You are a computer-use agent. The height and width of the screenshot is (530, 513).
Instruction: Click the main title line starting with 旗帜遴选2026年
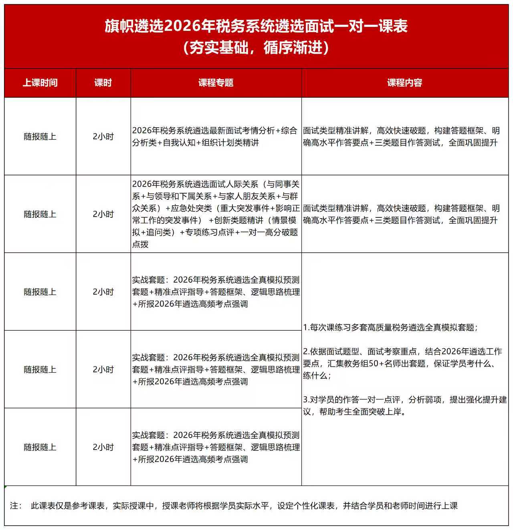256,26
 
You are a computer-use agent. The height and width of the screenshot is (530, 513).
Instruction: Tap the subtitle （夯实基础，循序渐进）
256,48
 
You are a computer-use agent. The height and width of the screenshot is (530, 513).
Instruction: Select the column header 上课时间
40,83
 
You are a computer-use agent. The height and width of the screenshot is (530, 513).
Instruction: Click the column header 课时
103,83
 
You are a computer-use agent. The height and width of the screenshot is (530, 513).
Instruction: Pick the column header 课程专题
216,83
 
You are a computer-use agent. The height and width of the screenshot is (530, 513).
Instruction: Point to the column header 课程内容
405,83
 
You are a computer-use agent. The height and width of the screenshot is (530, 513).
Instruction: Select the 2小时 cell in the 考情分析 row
103,137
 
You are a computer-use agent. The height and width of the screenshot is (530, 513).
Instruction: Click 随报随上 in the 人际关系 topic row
40,214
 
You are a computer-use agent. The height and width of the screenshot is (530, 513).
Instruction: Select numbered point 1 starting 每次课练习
390,327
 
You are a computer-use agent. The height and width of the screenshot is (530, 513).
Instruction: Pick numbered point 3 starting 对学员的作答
405,400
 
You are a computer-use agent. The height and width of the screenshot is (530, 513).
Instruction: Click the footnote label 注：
16,506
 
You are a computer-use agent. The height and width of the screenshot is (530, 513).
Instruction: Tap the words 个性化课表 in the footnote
311,506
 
